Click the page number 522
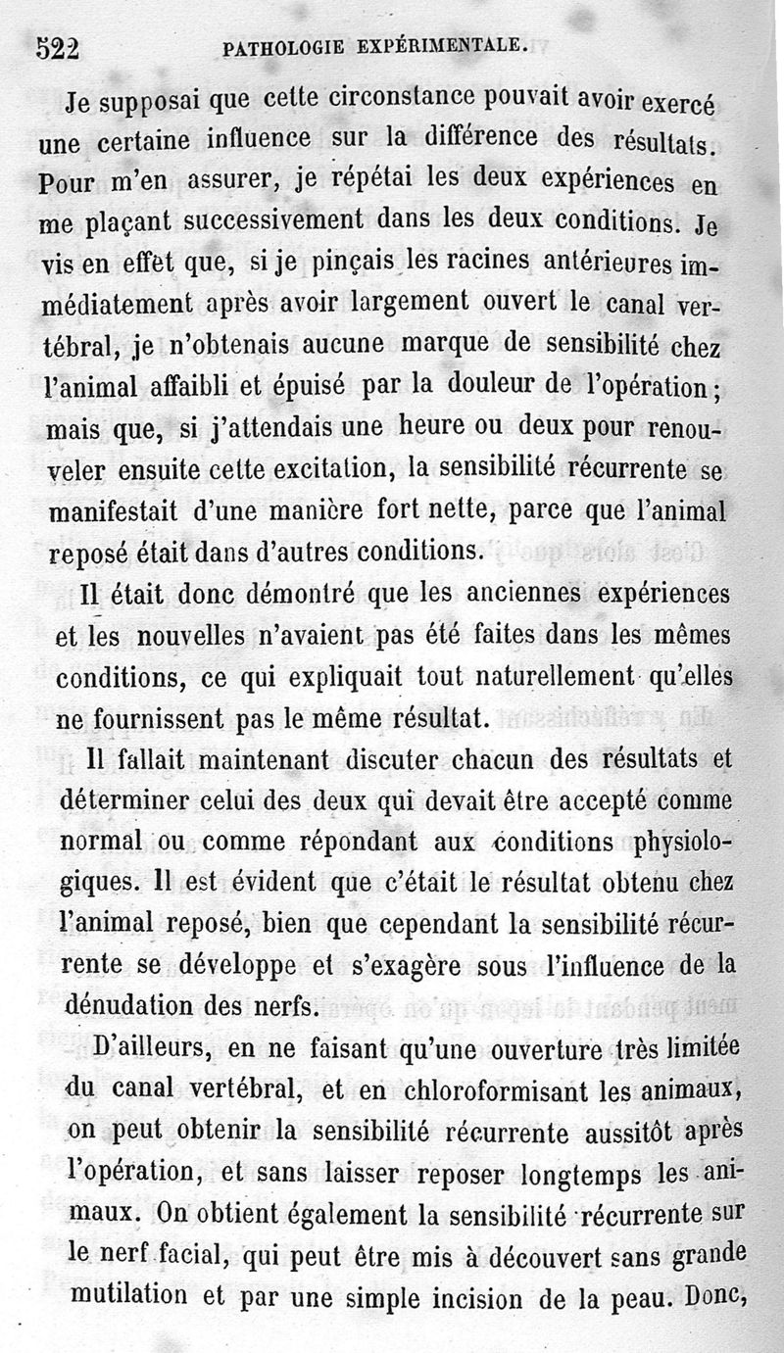(56, 48)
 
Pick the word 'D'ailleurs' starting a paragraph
(143, 1049)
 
